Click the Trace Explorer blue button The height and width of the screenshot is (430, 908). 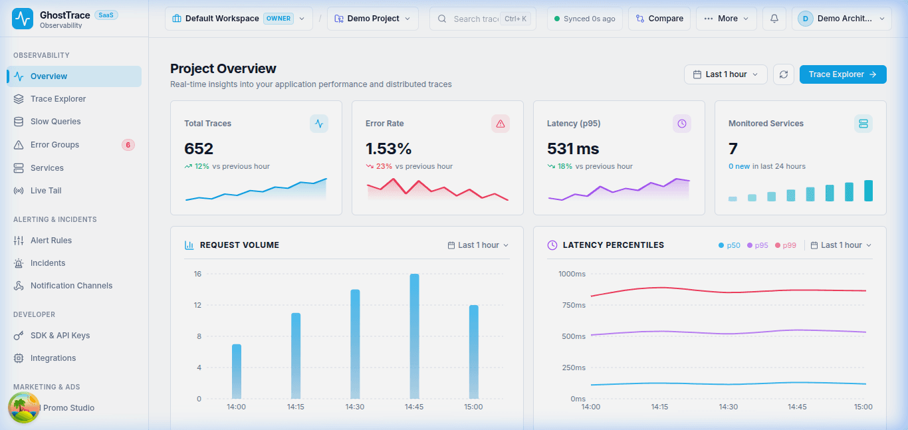pyautogui.click(x=843, y=74)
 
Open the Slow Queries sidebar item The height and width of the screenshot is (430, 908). pyautogui.click(x=55, y=122)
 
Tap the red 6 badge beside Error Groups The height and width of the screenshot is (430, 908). pyautogui.click(x=128, y=145)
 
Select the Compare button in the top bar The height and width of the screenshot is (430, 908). pyautogui.click(x=659, y=19)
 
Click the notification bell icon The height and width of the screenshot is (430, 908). pyautogui.click(x=774, y=19)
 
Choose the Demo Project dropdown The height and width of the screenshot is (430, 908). pyautogui.click(x=372, y=19)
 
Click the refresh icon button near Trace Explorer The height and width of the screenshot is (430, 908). pyautogui.click(x=784, y=74)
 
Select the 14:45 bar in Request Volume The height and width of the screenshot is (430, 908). pyautogui.click(x=414, y=336)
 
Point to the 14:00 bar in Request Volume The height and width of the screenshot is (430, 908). pyautogui.click(x=237, y=372)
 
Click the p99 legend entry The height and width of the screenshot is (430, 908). pyautogui.click(x=786, y=245)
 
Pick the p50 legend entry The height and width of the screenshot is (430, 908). pyautogui.click(x=729, y=245)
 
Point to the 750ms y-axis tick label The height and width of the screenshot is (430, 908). pyautogui.click(x=574, y=305)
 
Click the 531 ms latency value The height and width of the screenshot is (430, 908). pyautogui.click(x=573, y=149)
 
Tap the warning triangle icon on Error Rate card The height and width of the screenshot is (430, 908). pyautogui.click(x=501, y=124)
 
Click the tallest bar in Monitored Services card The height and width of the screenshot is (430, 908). pyautogui.click(x=868, y=191)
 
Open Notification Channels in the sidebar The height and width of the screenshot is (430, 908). pyautogui.click(x=71, y=286)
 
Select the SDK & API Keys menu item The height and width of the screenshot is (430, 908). pyautogui.click(x=60, y=336)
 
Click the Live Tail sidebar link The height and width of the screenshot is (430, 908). pyautogui.click(x=46, y=191)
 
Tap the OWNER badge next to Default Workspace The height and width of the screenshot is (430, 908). pyautogui.click(x=279, y=19)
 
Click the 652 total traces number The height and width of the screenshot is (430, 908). pyautogui.click(x=199, y=149)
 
